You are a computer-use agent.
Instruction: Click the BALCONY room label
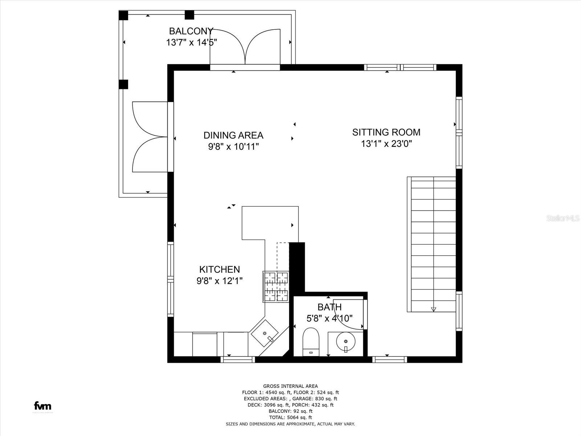pos(191,31)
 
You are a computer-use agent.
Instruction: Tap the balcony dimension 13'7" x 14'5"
pos(191,43)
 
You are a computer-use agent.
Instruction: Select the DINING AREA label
pos(233,135)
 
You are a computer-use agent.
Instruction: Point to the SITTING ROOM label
pos(386,132)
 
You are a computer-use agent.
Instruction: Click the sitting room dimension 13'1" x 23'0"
pos(386,144)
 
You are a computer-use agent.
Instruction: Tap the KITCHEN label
pos(219,269)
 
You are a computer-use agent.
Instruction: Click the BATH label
pos(329,307)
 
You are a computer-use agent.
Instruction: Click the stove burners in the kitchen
pos(276,286)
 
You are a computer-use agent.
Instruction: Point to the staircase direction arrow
pos(433,309)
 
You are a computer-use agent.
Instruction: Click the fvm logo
pos(42,406)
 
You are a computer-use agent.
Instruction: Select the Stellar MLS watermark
pos(563,218)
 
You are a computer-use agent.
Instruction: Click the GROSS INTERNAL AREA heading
pos(290,386)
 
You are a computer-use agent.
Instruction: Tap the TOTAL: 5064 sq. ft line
pos(290,417)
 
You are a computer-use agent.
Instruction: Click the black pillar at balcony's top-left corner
pos(123,15)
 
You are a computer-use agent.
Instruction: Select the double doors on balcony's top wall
pos(245,47)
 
